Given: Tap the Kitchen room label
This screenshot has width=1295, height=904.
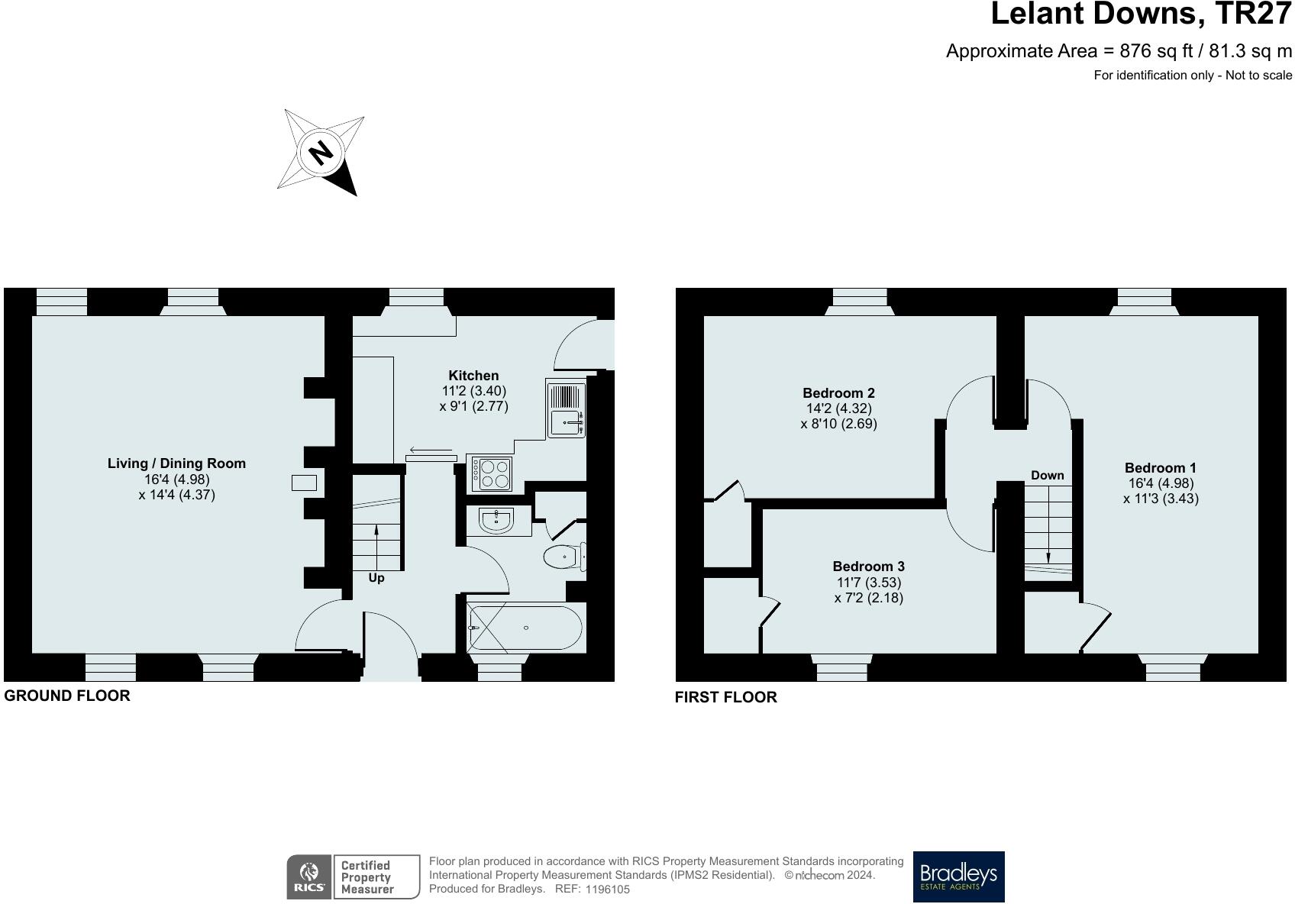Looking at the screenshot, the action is tap(473, 376).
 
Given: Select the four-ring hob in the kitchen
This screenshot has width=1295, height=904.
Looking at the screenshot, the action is tap(491, 473).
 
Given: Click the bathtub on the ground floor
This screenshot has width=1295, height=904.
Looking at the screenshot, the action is tap(525, 628).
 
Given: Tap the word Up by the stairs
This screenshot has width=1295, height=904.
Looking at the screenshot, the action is tap(376, 578).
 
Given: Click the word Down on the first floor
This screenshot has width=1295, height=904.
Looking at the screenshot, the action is tap(1047, 476).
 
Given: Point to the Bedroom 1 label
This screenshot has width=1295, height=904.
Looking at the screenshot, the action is tap(1161, 468).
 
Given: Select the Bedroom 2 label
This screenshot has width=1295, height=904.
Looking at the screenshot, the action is tap(838, 393).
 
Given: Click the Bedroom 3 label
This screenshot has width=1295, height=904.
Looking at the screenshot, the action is tap(868, 567).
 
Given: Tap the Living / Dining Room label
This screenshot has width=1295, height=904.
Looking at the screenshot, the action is tap(176, 463).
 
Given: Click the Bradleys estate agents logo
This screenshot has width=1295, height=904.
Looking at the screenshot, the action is tap(958, 877).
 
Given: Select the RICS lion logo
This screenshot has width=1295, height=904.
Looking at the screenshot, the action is tap(309, 877).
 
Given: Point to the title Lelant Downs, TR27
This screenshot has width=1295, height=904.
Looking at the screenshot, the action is tap(1141, 15).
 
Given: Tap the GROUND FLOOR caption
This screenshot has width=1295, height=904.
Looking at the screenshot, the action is tap(67, 696).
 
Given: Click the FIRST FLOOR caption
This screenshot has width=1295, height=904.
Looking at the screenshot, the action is tap(725, 697).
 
